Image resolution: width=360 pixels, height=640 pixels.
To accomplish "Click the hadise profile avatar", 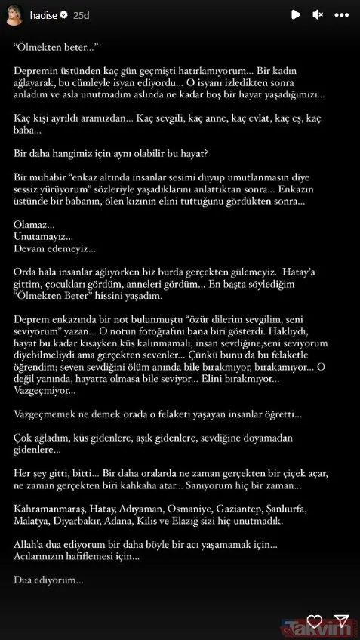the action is click(13, 14).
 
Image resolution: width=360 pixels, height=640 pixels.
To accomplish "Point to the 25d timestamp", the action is click(82, 14).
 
